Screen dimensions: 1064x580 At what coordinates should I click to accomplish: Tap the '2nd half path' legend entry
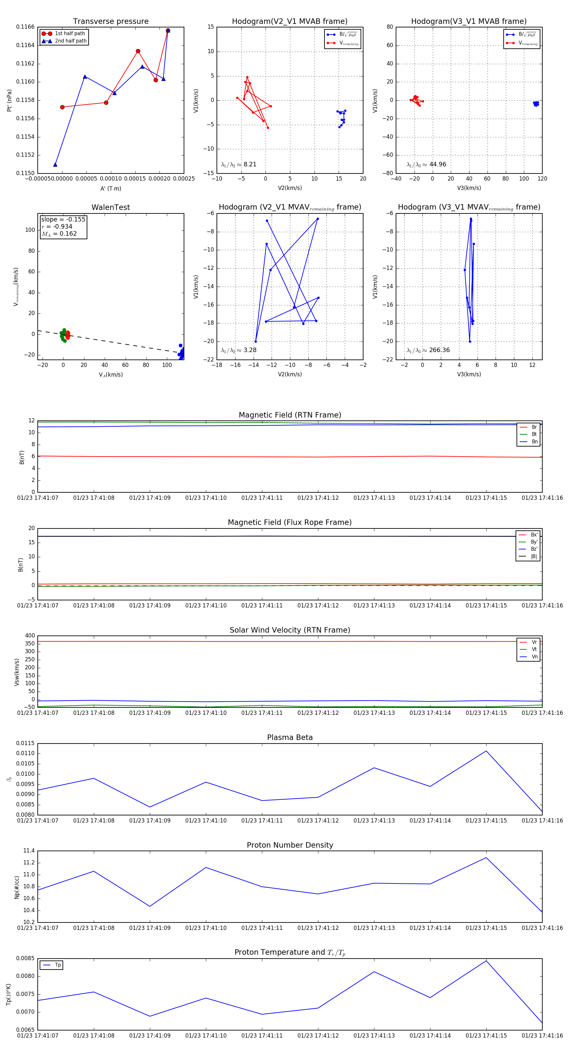tap(71, 41)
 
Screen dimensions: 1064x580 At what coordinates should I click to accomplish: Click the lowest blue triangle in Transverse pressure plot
tap(55, 165)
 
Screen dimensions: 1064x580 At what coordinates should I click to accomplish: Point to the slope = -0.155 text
tap(63, 219)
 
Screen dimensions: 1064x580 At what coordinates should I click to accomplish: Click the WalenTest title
tap(111, 207)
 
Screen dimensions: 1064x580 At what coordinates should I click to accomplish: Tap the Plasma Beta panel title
tap(290, 737)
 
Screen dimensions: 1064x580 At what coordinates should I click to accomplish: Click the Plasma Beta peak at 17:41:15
tap(486, 751)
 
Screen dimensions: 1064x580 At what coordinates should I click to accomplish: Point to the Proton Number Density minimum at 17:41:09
tap(150, 906)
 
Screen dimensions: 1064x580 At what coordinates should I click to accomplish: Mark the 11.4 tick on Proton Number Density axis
tap(29, 851)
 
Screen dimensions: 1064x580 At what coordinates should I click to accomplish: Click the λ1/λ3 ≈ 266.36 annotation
tap(428, 350)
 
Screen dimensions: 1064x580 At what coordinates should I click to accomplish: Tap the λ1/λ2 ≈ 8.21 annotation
tap(238, 164)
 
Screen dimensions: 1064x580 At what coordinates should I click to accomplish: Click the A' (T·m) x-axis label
tap(111, 189)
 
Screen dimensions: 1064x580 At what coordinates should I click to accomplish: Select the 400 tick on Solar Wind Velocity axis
tap(30, 636)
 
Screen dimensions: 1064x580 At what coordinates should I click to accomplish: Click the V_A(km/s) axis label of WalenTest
tap(111, 375)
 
